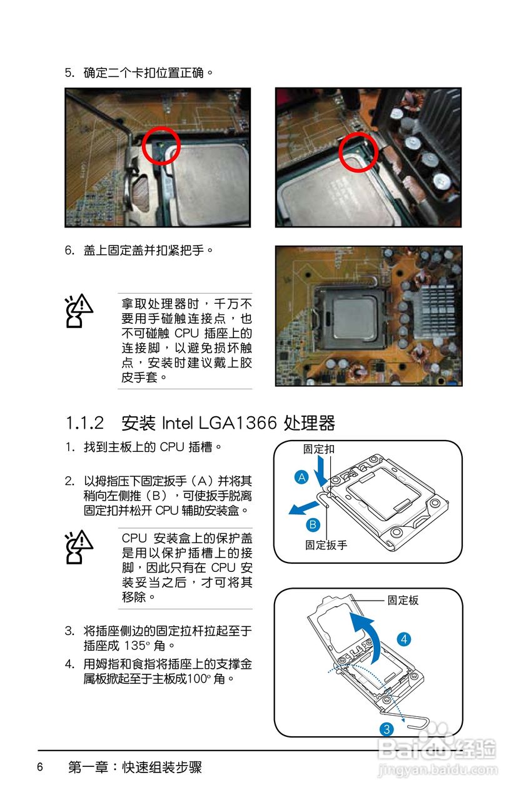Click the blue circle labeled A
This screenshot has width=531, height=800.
point(301,477)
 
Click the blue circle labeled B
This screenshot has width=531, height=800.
point(313,524)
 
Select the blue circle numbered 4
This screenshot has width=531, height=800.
point(404,639)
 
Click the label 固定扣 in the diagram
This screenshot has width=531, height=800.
point(318,449)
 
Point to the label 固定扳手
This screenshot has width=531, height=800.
point(326,545)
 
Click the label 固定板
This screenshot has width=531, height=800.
point(403,600)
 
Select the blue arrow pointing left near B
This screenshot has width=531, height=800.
point(303,508)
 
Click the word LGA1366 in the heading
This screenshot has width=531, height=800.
point(237,423)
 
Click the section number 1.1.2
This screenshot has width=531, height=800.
point(85,423)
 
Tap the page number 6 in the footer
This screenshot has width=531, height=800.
point(40,767)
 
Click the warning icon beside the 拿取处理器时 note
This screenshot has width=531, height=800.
point(79,311)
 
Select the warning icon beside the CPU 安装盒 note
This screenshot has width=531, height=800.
point(79,547)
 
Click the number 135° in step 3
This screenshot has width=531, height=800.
point(136,645)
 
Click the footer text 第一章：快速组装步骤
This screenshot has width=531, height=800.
point(135,767)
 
